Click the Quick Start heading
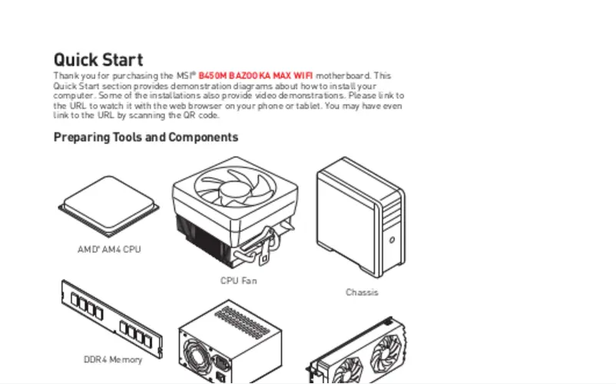pyautogui.click(x=98, y=60)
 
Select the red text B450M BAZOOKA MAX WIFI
pyautogui.click(x=256, y=76)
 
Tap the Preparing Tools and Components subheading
pyautogui.click(x=146, y=137)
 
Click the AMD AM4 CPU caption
pyautogui.click(x=109, y=250)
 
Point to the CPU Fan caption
pyautogui.click(x=238, y=281)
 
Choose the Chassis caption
pyautogui.click(x=362, y=292)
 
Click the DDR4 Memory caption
pyautogui.click(x=113, y=359)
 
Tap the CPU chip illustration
pyautogui.click(x=109, y=206)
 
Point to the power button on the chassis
pyautogui.click(x=392, y=240)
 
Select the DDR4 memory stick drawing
pyautogui.click(x=112, y=319)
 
